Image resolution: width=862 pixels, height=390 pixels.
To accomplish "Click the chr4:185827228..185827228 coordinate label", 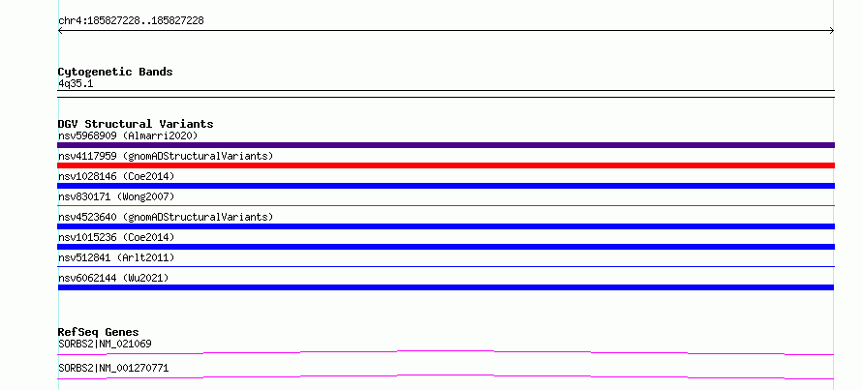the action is pos(131,21).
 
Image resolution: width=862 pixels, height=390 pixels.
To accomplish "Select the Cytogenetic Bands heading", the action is pos(115,72).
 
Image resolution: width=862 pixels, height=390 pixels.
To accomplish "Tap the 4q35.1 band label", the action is pos(76,83).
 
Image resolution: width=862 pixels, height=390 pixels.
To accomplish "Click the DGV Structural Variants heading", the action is pos(136,124).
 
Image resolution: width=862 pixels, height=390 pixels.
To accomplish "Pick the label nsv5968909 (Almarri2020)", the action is pos(128,135).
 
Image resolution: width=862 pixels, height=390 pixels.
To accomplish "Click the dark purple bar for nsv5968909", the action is pos(446,145).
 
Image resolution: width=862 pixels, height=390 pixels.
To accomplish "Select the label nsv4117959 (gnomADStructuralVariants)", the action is pos(166,156).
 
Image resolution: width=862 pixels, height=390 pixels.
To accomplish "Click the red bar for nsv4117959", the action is pos(446,165).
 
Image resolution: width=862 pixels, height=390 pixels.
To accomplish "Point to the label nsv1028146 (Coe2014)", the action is pos(116,176).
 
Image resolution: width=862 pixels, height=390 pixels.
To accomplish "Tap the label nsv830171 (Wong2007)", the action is pos(116,196).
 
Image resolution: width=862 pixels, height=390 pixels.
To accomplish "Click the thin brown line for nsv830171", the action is pos(446,205).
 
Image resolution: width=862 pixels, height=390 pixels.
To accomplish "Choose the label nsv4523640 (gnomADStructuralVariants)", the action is pos(166,217).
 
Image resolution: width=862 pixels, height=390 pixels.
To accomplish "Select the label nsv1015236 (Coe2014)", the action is pos(116,237).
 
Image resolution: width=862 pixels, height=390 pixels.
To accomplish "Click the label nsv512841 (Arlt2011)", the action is pos(116,257).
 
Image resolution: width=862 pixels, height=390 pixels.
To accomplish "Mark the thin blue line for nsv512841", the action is pos(446,266).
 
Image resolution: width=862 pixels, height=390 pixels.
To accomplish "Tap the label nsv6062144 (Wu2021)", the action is pos(113,278).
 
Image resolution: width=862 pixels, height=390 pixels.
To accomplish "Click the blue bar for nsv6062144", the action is pos(446,287).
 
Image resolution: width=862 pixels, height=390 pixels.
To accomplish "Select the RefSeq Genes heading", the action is pos(98,332).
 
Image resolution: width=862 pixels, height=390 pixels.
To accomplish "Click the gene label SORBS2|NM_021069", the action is pos(105,344).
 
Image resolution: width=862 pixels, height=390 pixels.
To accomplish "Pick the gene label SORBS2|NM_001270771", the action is pos(113,368).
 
